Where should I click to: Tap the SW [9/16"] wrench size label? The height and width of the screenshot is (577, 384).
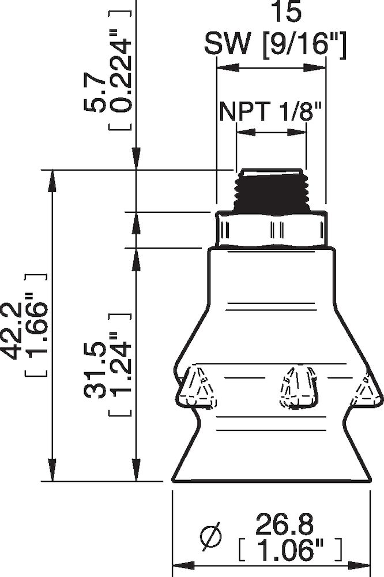click(x=276, y=44)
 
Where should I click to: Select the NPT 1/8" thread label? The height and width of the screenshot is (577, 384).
click(x=269, y=110)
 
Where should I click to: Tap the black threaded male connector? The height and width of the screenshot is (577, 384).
click(x=271, y=191)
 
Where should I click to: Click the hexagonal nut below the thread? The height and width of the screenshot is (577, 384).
click(x=271, y=229)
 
